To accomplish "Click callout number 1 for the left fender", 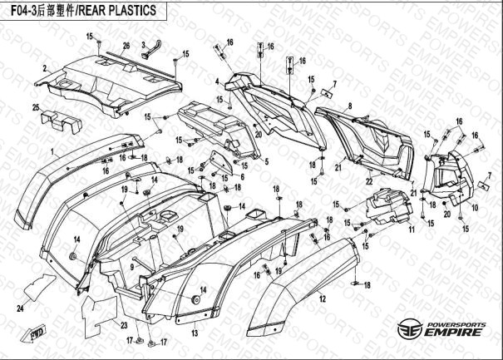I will [x=52, y=152].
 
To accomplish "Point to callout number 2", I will [x=44, y=68].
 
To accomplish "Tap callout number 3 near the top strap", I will [x=143, y=44].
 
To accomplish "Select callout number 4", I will [x=217, y=81].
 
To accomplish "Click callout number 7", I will [x=334, y=83].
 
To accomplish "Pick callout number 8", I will [x=350, y=106].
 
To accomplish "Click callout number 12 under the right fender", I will [x=322, y=297].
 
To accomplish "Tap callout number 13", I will [x=195, y=333].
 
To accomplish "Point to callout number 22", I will [x=368, y=181].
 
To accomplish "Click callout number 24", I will [x=20, y=308].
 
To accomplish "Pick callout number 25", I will [x=36, y=107].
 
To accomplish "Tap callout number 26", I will [x=126, y=44].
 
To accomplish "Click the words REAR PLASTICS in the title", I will [x=119, y=11].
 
